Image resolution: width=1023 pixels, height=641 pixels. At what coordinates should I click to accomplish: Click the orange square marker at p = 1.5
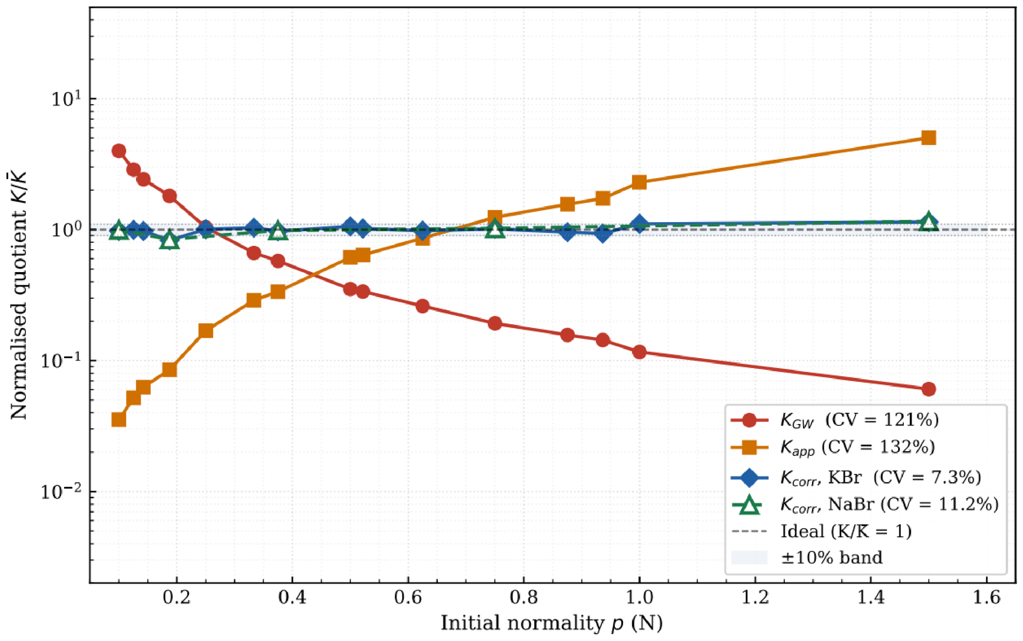click(928, 137)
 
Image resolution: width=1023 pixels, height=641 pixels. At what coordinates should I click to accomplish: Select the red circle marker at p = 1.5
click(928, 389)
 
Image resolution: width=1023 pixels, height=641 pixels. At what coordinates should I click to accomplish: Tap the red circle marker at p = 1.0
click(639, 352)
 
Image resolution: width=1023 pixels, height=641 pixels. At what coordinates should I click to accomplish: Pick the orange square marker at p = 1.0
click(639, 182)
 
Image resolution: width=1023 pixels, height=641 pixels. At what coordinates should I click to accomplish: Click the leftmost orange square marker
click(119, 419)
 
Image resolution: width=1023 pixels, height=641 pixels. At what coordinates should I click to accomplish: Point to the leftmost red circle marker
click(119, 151)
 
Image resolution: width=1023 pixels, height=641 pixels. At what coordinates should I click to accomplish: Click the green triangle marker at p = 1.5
click(928, 222)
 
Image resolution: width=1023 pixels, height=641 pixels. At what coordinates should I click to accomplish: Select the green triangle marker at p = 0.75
click(494, 229)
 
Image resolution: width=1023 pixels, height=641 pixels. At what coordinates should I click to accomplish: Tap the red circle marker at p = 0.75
click(494, 324)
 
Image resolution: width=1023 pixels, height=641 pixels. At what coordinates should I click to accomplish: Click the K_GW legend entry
click(835, 420)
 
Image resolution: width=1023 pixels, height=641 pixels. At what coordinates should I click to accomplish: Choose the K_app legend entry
click(833, 447)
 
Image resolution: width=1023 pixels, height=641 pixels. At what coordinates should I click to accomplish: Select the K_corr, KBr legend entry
click(856, 477)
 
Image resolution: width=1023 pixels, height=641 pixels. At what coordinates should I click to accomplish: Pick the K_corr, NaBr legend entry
click(864, 504)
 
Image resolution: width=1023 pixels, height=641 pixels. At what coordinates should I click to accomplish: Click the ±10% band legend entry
click(807, 557)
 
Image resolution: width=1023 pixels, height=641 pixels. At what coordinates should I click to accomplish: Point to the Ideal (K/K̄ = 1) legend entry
click(821, 531)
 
